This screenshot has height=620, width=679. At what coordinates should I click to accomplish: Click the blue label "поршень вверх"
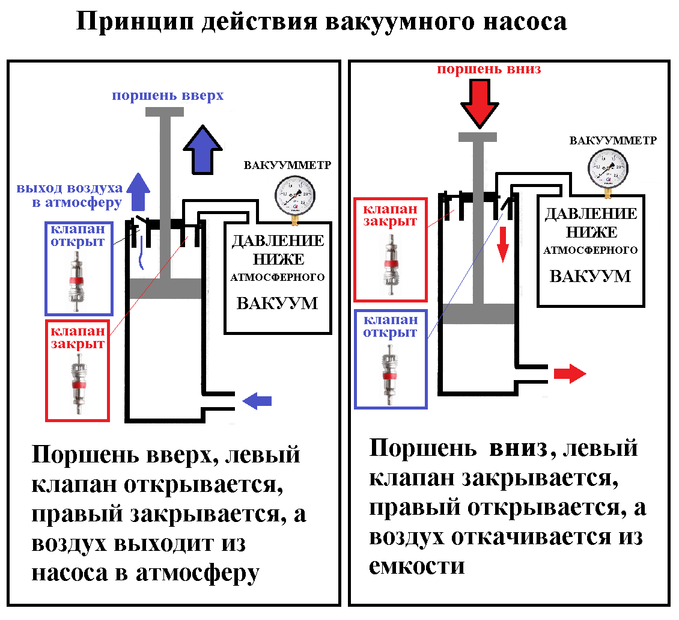coord(168,96)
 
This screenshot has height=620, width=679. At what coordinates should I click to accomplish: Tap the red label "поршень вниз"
coord(489,69)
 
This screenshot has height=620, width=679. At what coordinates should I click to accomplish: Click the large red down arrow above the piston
coord(480,104)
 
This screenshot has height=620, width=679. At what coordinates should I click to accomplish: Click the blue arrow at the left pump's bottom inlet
coord(257,401)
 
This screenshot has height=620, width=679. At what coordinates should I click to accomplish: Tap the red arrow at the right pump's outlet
coord(569,374)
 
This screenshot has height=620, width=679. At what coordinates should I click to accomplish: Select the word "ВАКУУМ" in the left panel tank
coord(277,302)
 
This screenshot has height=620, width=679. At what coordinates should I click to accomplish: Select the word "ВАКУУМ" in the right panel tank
coord(590,276)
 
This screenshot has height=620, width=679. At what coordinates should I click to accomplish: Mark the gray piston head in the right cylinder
coord(478,314)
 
